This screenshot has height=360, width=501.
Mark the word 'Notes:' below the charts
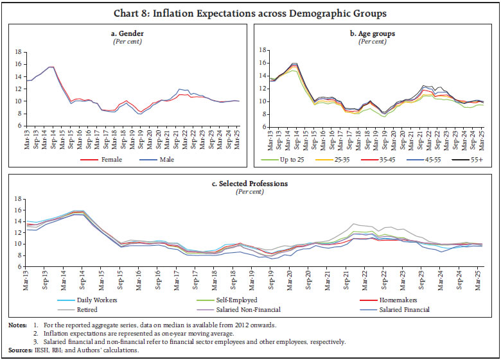coord(18,326)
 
